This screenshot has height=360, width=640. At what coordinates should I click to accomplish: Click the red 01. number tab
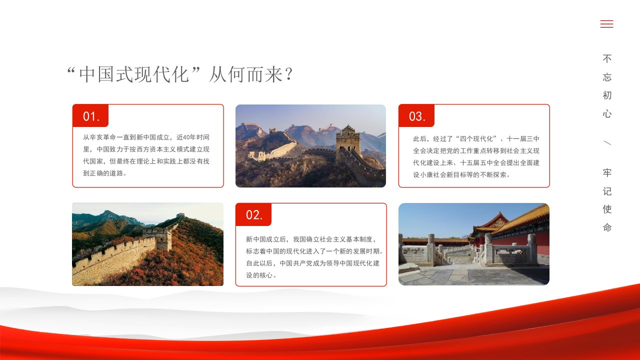pyautogui.click(x=90, y=115)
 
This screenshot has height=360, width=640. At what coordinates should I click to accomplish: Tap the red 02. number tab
pyautogui.click(x=253, y=214)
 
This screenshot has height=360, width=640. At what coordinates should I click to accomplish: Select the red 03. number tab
pyautogui.click(x=416, y=115)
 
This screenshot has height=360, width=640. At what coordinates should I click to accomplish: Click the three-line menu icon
pyautogui.click(x=606, y=24)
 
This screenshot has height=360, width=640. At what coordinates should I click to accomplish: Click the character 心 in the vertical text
pyautogui.click(x=607, y=113)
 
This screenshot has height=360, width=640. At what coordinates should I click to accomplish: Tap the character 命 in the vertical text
pyautogui.click(x=607, y=227)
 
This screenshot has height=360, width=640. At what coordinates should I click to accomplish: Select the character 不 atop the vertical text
pyautogui.click(x=607, y=58)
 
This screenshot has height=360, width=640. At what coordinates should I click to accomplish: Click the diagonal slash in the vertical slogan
pyautogui.click(x=607, y=142)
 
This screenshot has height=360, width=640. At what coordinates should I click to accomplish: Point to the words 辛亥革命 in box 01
pyautogui.click(x=103, y=137)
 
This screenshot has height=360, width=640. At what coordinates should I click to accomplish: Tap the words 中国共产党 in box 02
pyautogui.click(x=296, y=263)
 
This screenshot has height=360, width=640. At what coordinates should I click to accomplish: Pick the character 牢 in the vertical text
pyautogui.click(x=607, y=172)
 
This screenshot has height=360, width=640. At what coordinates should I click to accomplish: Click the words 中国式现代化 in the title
pyautogui.click(x=133, y=74)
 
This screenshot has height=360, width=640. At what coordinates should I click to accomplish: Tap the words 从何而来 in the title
pyautogui.click(x=246, y=74)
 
